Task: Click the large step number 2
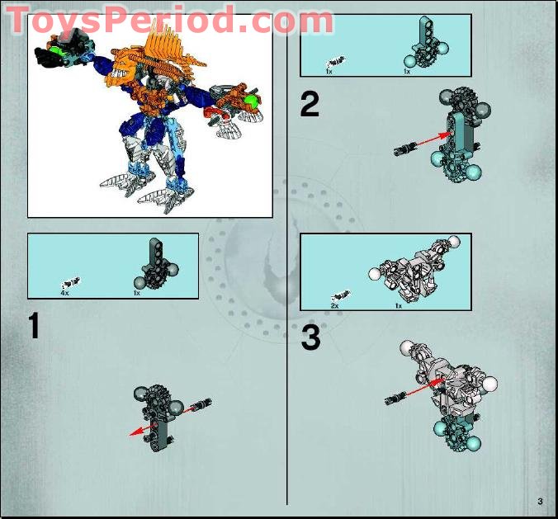[x=309, y=105]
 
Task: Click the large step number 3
[x=310, y=338]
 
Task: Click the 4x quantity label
[x=64, y=293]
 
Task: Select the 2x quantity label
[x=334, y=305]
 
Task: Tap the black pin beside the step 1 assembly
[x=201, y=405]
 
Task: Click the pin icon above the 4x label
[x=70, y=281]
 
